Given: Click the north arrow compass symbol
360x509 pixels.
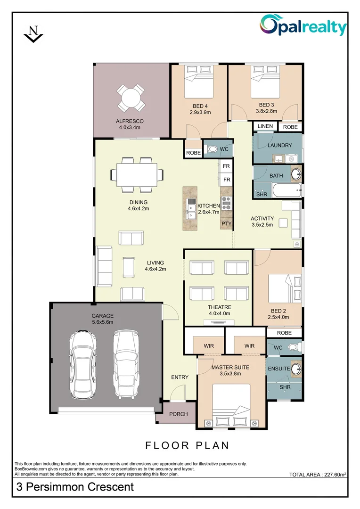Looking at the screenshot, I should coord(33,34).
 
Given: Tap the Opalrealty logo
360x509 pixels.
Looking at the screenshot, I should coord(303,26).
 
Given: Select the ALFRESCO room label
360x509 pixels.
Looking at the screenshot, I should coord(130,121).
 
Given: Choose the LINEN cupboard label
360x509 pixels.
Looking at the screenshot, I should coord(265,126).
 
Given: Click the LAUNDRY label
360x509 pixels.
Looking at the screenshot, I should coord(279,146).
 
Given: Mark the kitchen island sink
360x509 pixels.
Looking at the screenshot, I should coord(191,209).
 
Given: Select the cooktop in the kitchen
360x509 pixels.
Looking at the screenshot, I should coord(226,203).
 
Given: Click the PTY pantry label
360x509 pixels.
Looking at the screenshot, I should coord(227,223).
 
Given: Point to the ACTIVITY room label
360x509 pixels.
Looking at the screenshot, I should coord(262,218).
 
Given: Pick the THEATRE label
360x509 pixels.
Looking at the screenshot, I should coord(219,307).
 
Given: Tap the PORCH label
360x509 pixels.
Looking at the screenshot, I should coord(178,414).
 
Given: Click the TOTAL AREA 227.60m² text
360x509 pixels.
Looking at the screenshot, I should coord(318,475).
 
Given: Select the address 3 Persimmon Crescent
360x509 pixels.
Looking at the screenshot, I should coord(75,486).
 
